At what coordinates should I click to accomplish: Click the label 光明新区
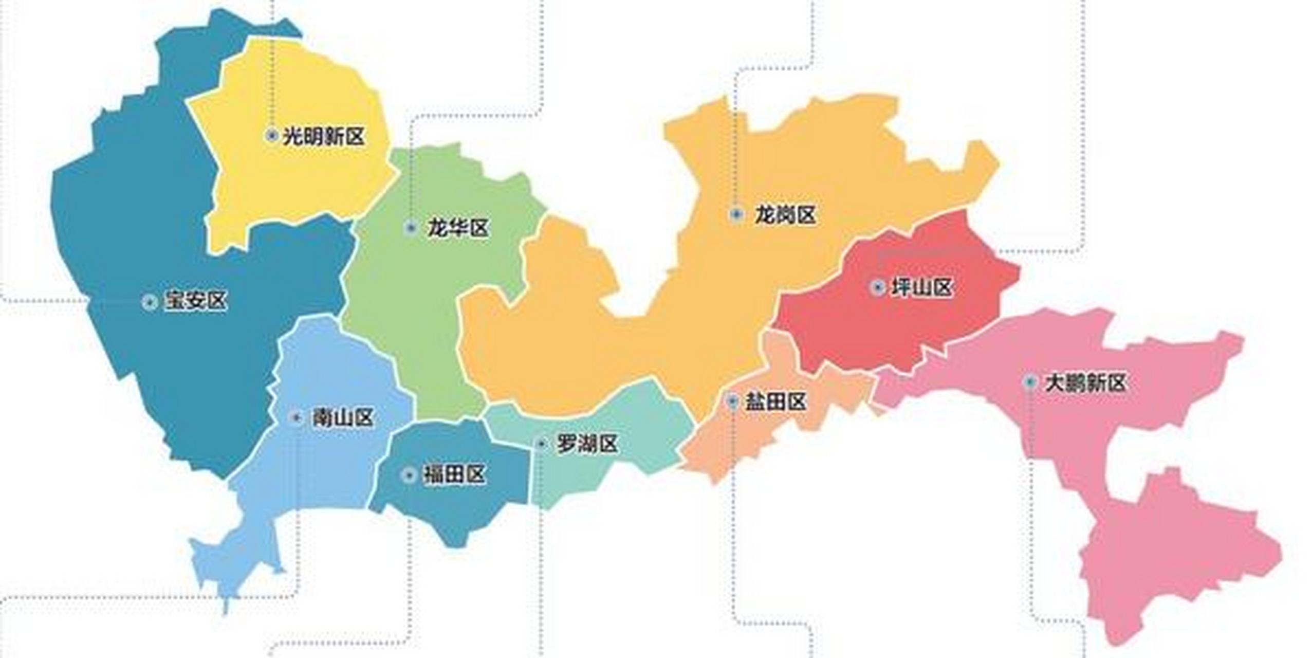324,136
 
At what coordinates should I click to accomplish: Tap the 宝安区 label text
196,301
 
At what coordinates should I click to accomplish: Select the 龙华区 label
458,228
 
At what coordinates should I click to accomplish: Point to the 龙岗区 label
785,214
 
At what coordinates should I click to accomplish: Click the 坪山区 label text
922,287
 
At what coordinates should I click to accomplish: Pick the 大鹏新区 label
1085,382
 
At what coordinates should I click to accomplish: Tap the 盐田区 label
776,401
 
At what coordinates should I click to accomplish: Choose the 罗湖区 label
587,444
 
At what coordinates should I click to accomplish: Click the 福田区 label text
454,474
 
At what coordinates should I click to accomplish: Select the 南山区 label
343,418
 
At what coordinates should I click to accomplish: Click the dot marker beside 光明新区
272,136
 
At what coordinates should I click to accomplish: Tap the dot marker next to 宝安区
150,302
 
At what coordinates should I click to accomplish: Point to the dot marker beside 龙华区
411,228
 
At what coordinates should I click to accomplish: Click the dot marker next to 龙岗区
736,214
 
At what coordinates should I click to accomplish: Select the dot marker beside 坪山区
877,287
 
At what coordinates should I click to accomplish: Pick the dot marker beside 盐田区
733,400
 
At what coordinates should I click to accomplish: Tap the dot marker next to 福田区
409,475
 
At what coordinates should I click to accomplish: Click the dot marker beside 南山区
297,417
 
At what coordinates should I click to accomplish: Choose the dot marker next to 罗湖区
541,443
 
